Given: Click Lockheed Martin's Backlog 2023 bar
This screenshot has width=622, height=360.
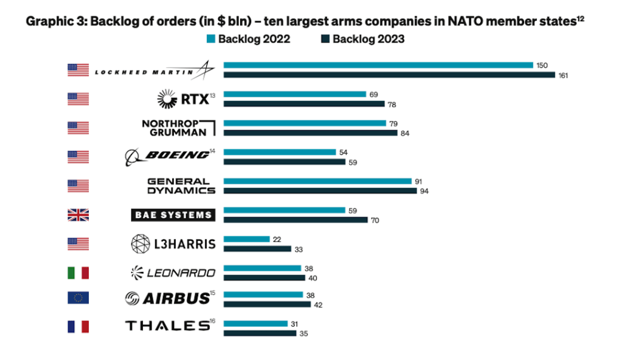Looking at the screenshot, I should tap(389, 75).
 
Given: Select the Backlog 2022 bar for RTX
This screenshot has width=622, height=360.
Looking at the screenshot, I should tap(295, 94).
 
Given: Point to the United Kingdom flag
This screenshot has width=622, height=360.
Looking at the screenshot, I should tap(78, 215).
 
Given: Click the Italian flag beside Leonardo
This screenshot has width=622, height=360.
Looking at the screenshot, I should tap(78, 273).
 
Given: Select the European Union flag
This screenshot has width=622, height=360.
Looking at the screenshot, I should tap(78, 297).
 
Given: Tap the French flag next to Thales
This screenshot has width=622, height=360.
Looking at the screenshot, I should tap(78, 327).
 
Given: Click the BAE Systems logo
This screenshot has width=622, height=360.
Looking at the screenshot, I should tap(173, 215).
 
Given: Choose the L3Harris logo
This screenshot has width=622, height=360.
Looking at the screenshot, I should tap(173, 244).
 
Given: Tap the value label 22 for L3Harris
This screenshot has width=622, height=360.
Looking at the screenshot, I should tap(277, 239).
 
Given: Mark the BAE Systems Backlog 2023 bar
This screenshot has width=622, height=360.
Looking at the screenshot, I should tap(295, 220).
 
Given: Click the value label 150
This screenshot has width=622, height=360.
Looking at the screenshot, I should tap(542, 65).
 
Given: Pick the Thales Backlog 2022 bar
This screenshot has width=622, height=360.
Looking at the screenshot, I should tap(255, 324).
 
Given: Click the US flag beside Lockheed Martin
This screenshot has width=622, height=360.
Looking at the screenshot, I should tap(78, 70).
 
